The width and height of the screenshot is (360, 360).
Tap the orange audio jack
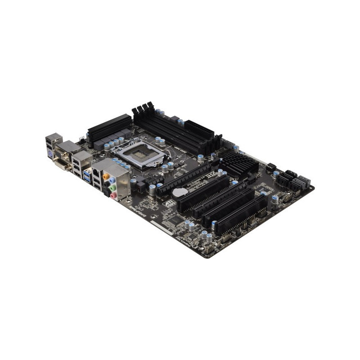[x=106, y=177]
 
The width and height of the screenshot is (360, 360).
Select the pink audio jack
[x=113, y=195]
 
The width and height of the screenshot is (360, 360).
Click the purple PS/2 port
[x=51, y=153]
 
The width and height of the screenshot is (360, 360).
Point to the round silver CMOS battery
[x=180, y=192]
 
